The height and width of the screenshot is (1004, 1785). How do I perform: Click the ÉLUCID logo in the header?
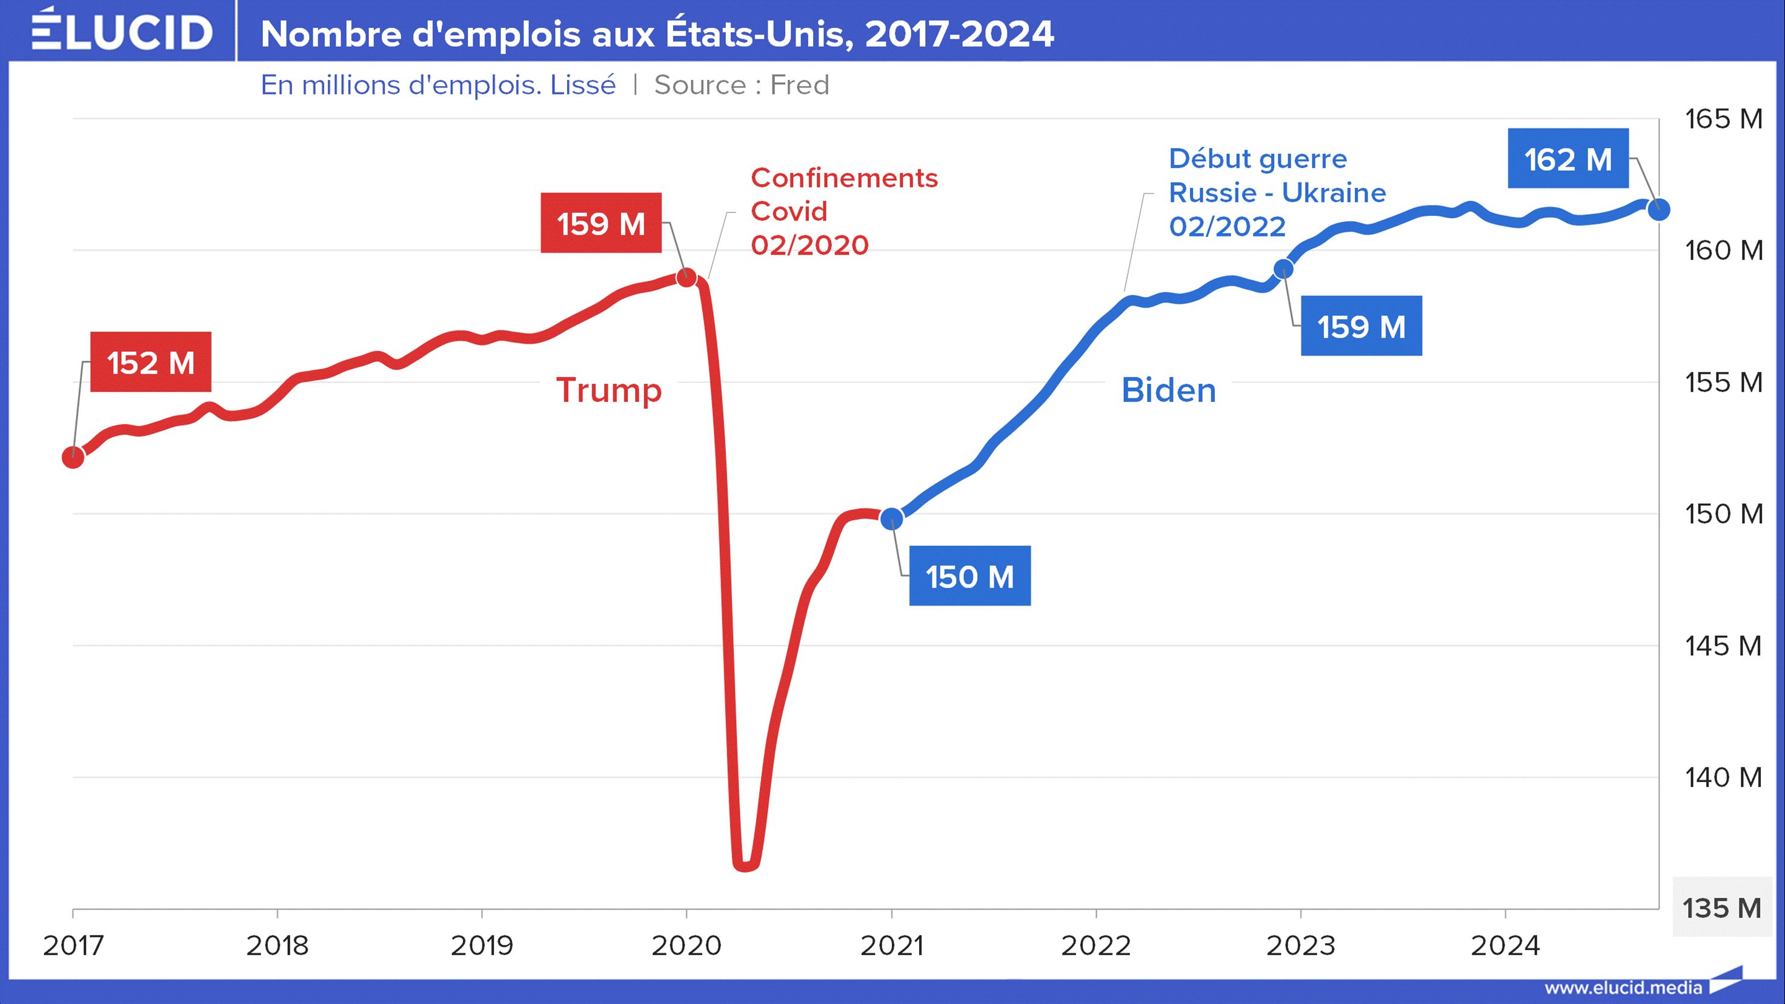122,30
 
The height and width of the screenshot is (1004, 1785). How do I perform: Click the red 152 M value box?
150,362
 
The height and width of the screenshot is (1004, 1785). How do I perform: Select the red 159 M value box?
601,223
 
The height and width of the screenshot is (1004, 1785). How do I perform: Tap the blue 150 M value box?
969,575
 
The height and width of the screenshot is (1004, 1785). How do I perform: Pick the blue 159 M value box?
1361,326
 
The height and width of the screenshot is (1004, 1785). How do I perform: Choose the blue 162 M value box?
1567,159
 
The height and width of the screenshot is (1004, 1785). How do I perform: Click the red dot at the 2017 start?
73,457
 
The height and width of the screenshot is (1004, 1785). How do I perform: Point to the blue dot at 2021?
892,517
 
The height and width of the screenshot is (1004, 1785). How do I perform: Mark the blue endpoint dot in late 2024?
1658,209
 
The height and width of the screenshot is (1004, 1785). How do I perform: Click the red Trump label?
609,390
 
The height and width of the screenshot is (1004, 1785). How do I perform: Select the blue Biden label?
1168,390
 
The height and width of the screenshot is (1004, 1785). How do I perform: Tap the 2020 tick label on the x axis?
686,945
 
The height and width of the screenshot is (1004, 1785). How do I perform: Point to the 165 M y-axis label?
1723,119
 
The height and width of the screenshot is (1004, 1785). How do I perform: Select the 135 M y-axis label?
1722,908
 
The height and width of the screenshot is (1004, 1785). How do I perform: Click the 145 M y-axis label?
1723,646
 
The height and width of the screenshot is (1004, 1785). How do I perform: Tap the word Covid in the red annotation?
788,211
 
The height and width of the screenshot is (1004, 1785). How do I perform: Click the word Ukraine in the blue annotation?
1333,193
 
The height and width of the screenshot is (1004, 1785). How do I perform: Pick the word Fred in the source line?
800,85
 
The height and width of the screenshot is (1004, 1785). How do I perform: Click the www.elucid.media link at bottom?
1623,988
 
